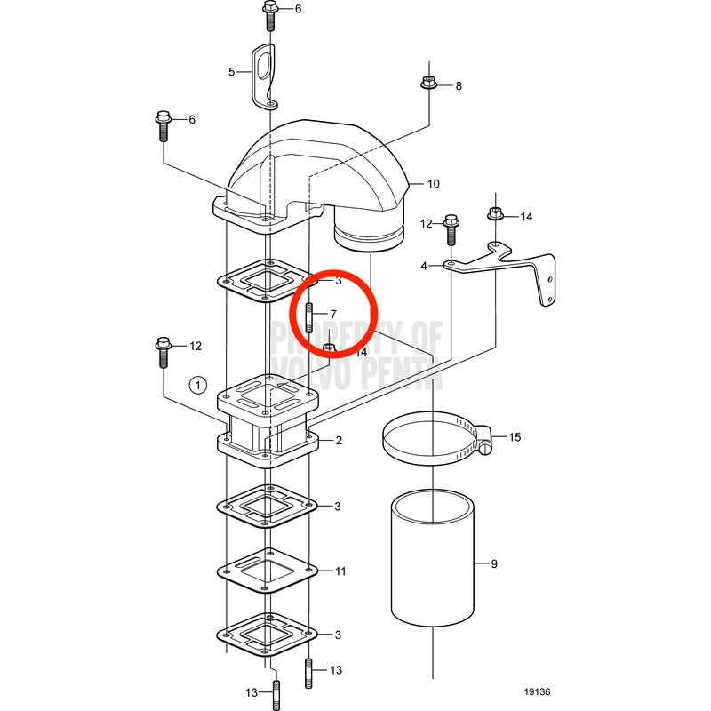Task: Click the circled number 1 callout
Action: click(197, 386)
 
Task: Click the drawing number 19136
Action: click(537, 692)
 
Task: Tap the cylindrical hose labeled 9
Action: click(433, 559)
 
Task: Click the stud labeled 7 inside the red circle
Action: click(308, 317)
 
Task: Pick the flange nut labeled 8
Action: click(428, 83)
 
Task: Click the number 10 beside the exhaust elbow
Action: click(434, 184)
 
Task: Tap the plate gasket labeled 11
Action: click(268, 571)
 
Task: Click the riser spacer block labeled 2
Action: click(268, 421)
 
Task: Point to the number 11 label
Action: click(340, 571)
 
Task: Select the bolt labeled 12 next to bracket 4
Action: click(451, 230)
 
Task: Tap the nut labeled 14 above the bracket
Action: click(495, 212)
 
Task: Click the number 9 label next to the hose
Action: click(494, 563)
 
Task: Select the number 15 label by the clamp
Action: click(515, 437)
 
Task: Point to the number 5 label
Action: click(232, 72)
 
